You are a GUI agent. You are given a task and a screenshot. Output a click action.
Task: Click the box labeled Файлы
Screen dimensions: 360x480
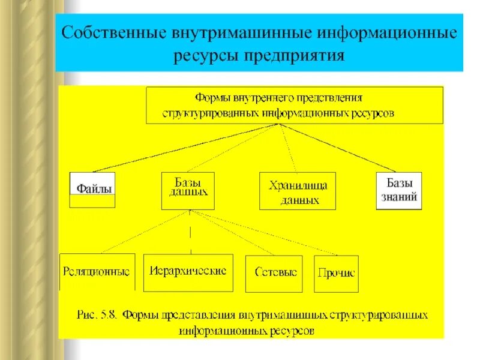click(x=92, y=189)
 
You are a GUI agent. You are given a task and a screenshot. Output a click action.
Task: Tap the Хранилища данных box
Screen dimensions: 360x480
click(x=298, y=191)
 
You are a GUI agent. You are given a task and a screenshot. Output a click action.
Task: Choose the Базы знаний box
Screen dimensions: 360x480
click(x=399, y=190)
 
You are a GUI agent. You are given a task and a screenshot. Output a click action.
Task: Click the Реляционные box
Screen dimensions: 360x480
click(x=97, y=272)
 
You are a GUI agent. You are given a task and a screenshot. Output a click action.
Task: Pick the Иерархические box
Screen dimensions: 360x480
click(x=188, y=271)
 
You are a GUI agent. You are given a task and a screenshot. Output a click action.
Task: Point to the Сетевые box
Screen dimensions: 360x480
click(x=276, y=272)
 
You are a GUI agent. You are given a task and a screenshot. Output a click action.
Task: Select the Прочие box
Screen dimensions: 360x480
click(x=336, y=273)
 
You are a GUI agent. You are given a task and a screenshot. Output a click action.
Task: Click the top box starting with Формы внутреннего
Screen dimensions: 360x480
click(x=295, y=105)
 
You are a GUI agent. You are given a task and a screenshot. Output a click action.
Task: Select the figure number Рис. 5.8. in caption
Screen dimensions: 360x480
click(x=98, y=315)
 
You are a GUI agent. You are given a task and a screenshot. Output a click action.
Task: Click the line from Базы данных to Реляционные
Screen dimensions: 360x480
click(x=144, y=231)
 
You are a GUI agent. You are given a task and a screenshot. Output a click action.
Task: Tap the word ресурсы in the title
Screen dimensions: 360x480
click(x=207, y=56)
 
